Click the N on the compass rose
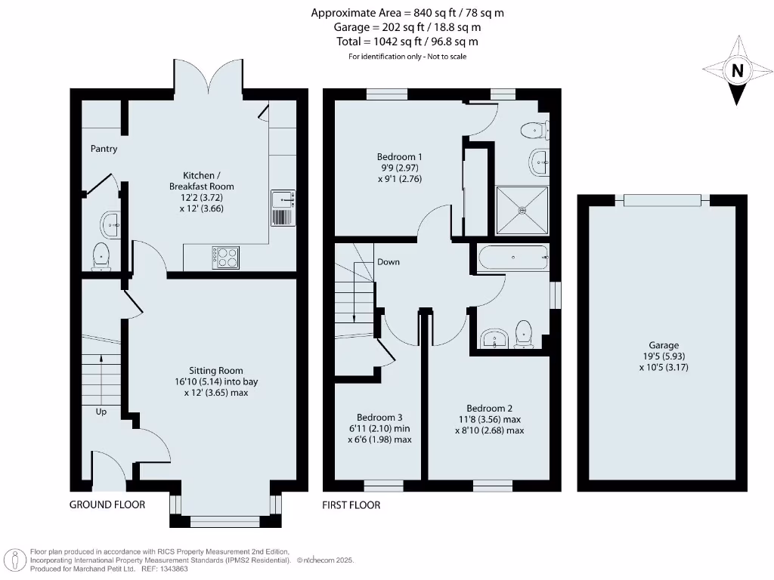[x=736, y=72]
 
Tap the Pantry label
[x=104, y=149]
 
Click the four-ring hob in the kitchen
[x=226, y=258]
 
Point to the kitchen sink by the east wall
[x=282, y=208]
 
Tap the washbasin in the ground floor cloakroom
[x=110, y=223]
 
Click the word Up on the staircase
[x=101, y=412]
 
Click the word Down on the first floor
[x=389, y=262]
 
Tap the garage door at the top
[x=662, y=199]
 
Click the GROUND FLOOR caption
[x=107, y=504]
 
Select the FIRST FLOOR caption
[x=351, y=504]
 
